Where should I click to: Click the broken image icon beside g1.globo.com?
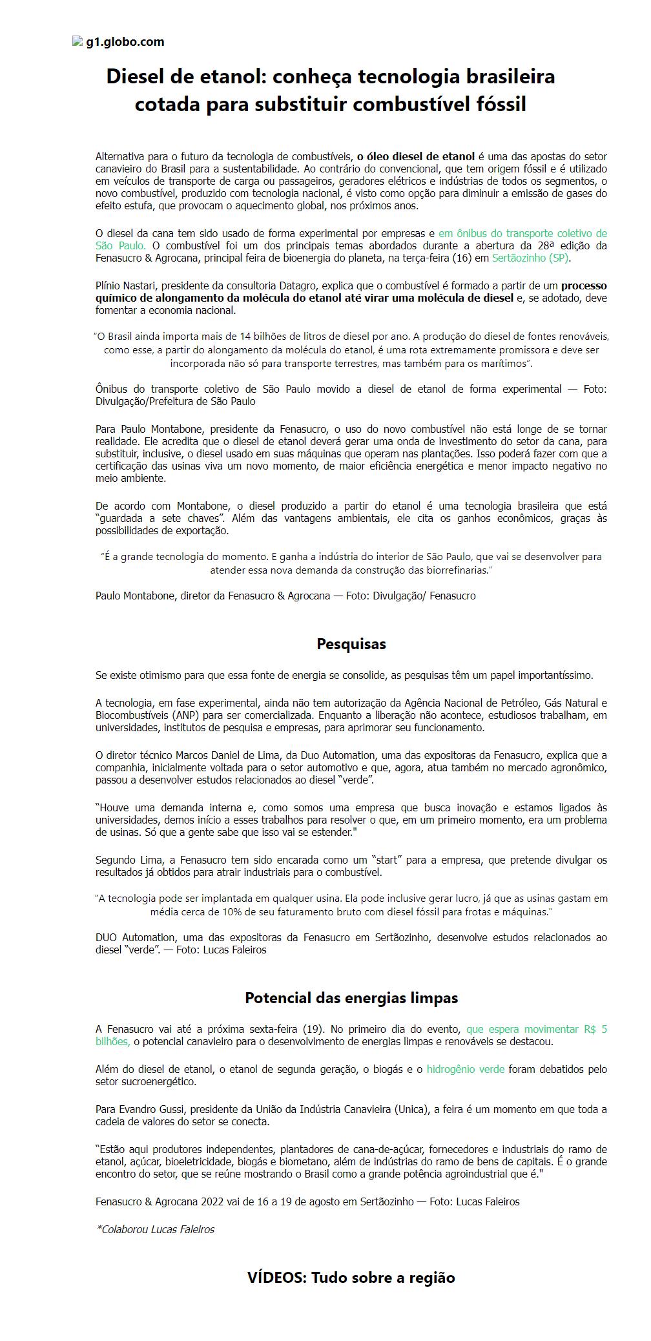point(77,41)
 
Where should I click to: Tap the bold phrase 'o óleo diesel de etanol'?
point(416,156)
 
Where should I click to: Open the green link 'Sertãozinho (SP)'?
point(531,258)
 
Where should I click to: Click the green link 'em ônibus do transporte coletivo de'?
point(522,233)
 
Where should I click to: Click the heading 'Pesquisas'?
point(351,644)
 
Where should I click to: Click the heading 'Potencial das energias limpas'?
point(351,998)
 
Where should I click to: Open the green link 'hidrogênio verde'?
point(465,1070)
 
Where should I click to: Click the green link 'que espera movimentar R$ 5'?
point(536,1030)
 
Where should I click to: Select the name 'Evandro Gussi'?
point(154,1110)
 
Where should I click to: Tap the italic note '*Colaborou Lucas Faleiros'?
point(155,1229)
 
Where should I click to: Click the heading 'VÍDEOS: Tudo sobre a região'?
point(351,1278)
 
